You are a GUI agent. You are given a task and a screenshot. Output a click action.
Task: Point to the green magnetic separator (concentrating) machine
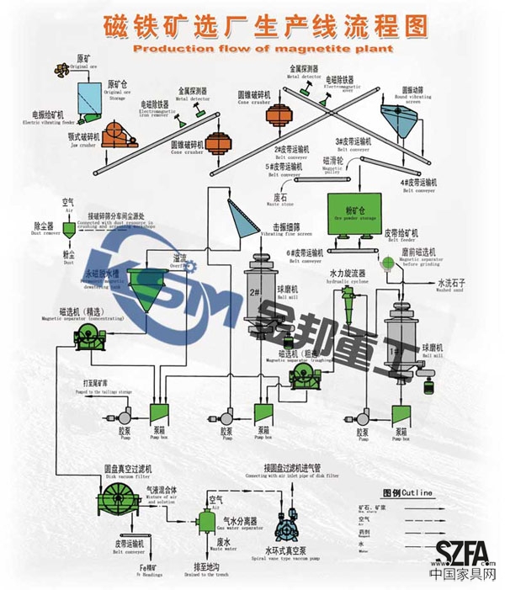[88, 338]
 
